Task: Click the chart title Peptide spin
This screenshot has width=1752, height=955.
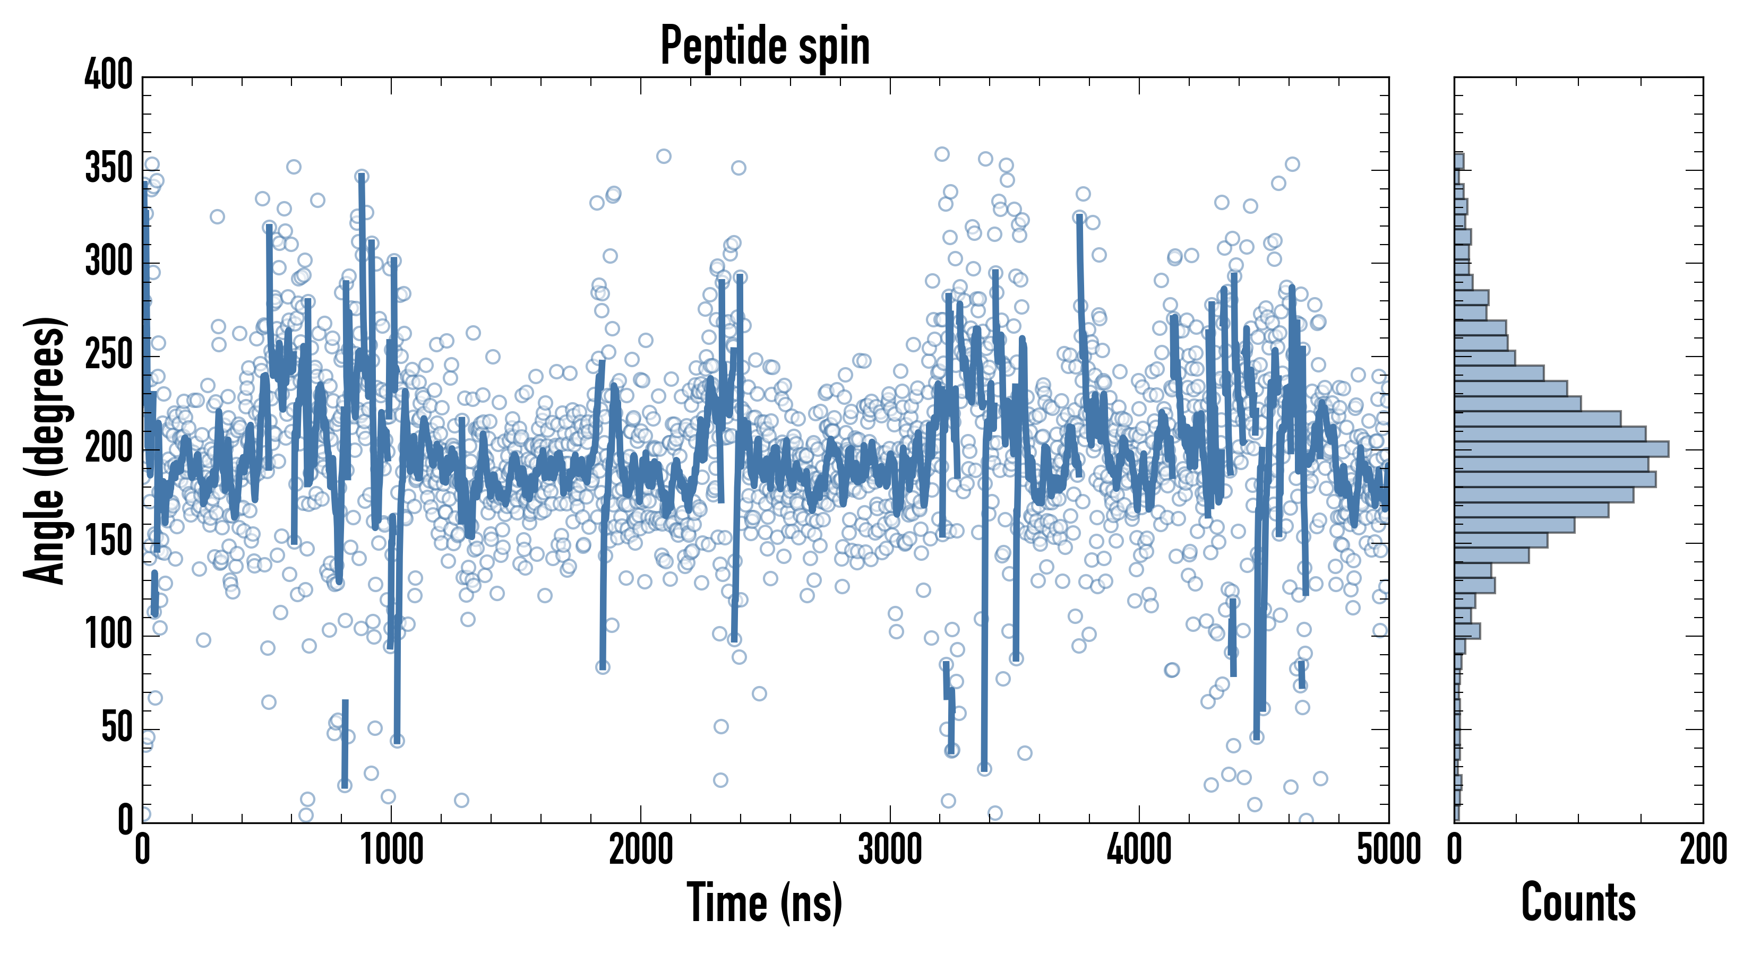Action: (765, 46)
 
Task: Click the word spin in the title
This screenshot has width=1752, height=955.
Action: (834, 48)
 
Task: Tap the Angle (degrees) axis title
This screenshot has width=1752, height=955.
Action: (45, 450)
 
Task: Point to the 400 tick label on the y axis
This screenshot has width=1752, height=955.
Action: (109, 75)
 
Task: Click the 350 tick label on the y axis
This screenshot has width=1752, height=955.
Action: (109, 169)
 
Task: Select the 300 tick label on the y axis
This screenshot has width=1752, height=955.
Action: (109, 262)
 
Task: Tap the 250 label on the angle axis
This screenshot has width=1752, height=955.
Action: (109, 355)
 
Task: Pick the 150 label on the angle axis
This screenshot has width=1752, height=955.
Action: (109, 542)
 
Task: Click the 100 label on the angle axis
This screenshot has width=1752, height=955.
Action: (109, 635)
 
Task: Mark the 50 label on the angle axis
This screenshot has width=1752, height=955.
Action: (117, 728)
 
